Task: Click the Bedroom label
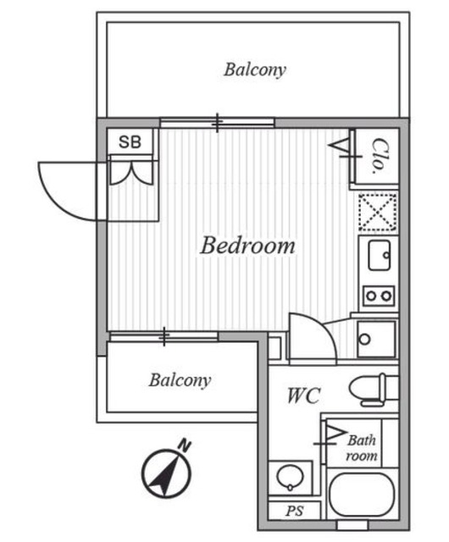tap(247, 246)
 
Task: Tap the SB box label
tap(130, 141)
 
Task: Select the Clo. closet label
tap(378, 156)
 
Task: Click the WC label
tap(304, 395)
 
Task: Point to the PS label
tap(295, 511)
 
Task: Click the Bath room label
tap(362, 448)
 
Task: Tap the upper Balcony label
tap(255, 69)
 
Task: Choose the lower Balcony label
tap(180, 380)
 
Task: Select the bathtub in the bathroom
tap(362, 495)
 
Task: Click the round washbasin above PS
tap(290, 477)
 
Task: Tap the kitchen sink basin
tap(380, 255)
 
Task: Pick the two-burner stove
tap(379, 296)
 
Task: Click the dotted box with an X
tap(377, 212)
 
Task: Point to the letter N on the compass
tap(185, 445)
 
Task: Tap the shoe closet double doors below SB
tap(131, 171)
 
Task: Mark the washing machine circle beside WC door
tap(364, 339)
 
